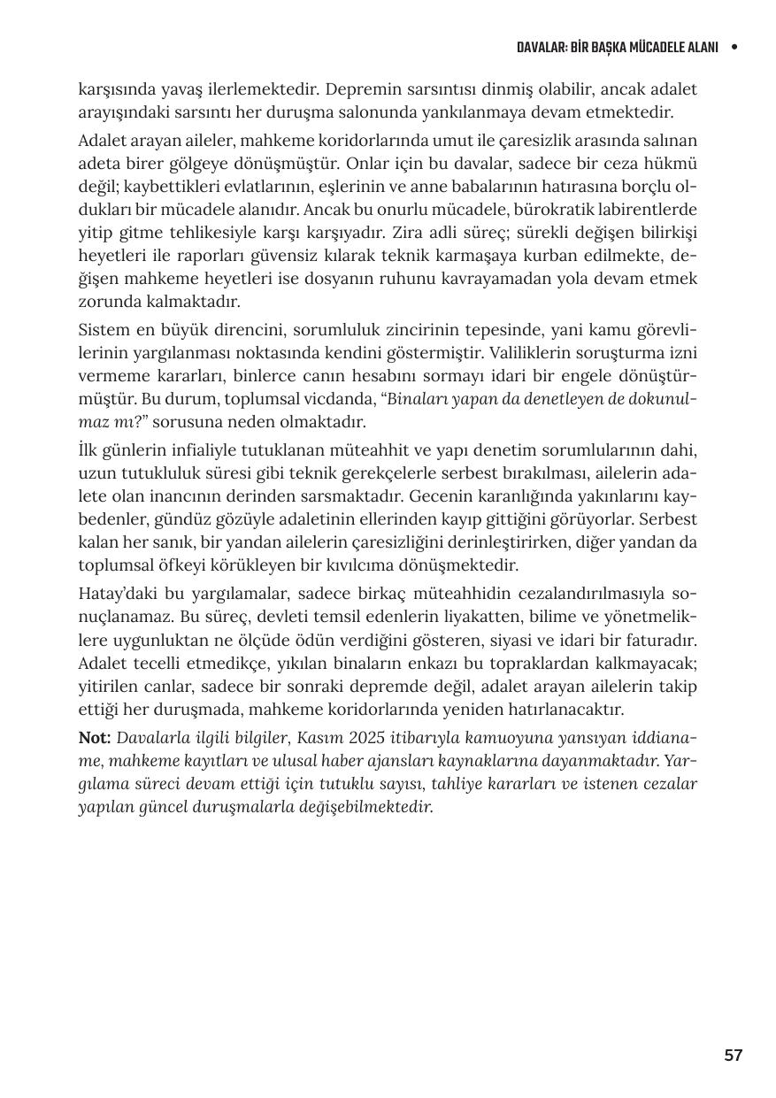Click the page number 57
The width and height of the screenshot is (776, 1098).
click(x=733, y=1055)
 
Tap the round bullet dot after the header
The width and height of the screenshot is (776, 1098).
click(x=734, y=47)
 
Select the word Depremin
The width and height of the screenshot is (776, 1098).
click(x=357, y=89)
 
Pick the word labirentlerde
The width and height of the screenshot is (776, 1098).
click(x=646, y=210)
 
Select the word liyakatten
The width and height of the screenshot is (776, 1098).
click(x=392, y=615)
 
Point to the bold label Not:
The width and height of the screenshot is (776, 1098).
click(x=94, y=737)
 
